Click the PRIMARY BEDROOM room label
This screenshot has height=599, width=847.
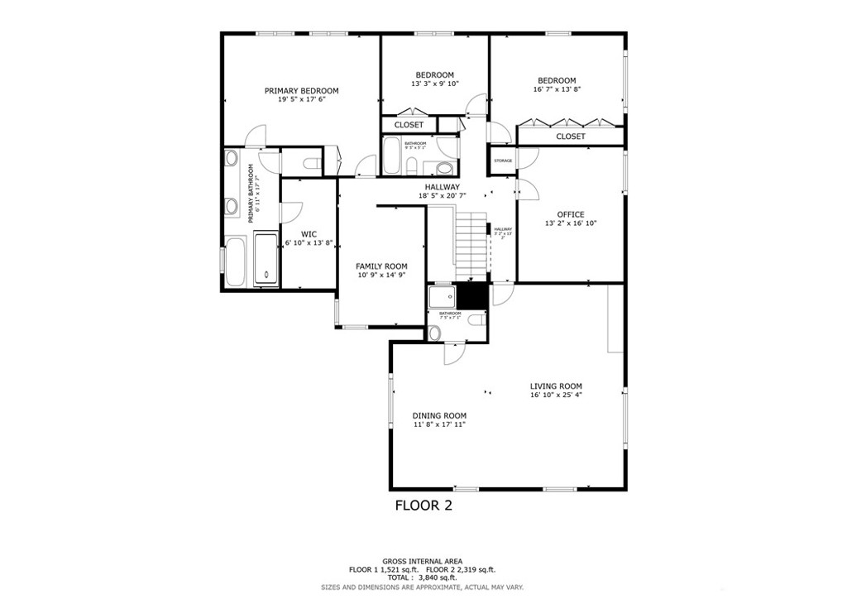[x=301, y=91]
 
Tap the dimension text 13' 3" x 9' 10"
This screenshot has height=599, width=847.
[x=434, y=84]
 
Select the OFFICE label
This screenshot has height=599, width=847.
[x=570, y=214]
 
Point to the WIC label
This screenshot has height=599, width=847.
[x=309, y=234]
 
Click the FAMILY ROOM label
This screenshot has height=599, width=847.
[x=381, y=266]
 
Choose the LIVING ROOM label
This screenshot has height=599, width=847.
[x=556, y=386]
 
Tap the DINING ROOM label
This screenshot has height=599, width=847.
[x=439, y=415]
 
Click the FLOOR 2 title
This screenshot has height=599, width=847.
[x=423, y=505]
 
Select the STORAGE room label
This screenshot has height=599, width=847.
[x=503, y=161]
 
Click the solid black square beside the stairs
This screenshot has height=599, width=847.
[x=472, y=295]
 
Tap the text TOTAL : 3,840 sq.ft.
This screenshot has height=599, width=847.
[x=423, y=577]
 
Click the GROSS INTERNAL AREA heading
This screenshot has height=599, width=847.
[x=423, y=560]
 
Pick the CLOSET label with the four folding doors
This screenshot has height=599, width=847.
[x=570, y=137]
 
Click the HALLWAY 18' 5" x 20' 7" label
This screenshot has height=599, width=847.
[x=443, y=191]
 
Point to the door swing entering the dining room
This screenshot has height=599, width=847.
[x=452, y=353]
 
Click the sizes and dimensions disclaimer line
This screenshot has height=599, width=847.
[x=423, y=587]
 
